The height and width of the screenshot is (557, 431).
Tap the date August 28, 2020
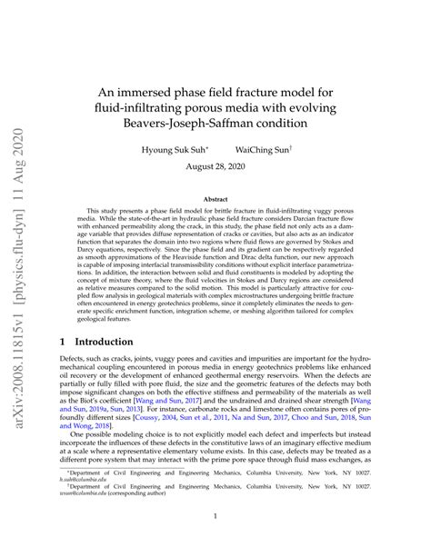click(x=215, y=168)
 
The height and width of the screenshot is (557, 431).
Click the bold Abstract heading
click(x=215, y=198)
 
